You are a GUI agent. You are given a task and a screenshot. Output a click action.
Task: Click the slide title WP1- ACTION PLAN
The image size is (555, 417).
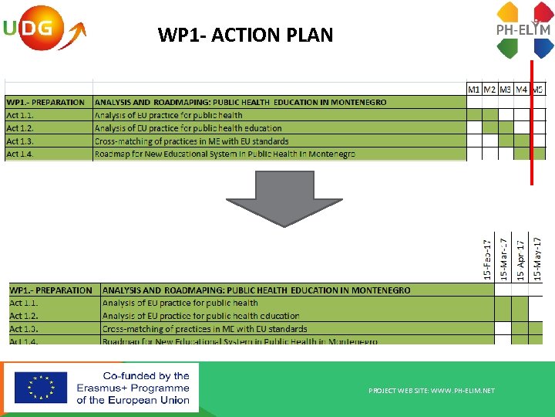click(x=245, y=35)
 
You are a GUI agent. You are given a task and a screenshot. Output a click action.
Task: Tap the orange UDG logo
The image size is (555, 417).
click(x=39, y=29)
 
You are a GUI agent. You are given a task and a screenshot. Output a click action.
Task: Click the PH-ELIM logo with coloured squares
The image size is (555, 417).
click(x=523, y=30)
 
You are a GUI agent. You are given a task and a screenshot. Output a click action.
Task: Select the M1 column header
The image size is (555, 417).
click(x=475, y=89)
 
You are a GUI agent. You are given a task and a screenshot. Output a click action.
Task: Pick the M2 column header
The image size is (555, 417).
click(x=490, y=89)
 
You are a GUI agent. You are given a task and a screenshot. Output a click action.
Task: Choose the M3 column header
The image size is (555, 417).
click(x=506, y=89)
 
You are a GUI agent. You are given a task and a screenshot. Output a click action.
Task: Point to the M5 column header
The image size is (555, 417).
click(x=538, y=89)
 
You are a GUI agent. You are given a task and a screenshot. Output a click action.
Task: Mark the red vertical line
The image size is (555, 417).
click(x=531, y=124)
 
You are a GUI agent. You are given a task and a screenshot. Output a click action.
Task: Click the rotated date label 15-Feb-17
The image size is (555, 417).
click(x=487, y=259)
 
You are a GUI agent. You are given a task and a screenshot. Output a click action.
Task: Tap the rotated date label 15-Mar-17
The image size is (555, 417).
click(x=503, y=259)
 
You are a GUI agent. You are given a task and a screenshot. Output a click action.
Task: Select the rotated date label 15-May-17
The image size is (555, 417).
click(x=537, y=259)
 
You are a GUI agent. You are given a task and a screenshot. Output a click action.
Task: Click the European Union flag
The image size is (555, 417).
click(x=40, y=388)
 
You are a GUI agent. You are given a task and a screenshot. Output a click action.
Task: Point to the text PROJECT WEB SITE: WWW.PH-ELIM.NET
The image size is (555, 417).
click(x=432, y=391)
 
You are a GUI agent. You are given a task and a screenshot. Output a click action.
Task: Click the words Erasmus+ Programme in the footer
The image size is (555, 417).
click(x=133, y=388)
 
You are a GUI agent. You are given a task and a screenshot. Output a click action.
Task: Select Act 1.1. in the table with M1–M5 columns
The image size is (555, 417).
click(x=20, y=115)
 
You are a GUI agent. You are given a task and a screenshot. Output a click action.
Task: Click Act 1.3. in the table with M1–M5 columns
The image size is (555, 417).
click(x=20, y=141)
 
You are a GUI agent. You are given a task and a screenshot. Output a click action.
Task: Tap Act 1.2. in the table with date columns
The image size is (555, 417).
click(x=24, y=316)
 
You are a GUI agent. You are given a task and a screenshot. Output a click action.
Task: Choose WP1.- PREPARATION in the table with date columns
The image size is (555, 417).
click(x=51, y=290)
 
